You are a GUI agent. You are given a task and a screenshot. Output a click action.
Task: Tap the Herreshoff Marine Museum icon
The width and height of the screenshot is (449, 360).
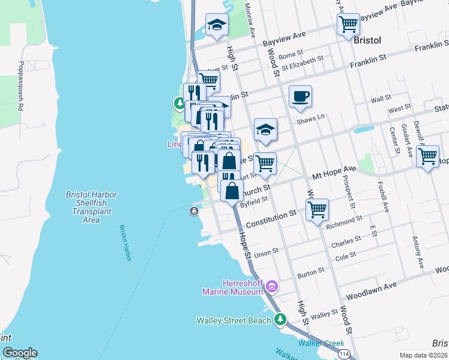tap(271, 287)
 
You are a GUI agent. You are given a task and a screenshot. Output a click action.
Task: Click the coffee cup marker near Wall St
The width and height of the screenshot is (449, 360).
tap(300, 96)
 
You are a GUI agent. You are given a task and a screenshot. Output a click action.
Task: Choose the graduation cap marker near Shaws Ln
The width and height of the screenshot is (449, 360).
tap(265, 129)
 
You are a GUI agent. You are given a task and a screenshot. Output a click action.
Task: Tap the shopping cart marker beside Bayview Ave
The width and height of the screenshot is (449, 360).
tap(348, 25)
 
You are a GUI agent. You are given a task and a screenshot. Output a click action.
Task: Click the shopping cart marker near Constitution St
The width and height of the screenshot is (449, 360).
tap(316, 209)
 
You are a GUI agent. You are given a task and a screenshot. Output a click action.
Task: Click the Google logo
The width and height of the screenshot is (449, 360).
tap(20, 353)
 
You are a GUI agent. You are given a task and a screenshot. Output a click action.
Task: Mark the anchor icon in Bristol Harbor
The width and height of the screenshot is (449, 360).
tap(194, 211)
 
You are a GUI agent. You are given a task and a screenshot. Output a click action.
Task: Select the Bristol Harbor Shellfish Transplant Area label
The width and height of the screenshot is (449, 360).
tap(91, 207)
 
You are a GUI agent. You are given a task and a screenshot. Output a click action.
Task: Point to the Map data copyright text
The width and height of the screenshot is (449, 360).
tap(424, 355)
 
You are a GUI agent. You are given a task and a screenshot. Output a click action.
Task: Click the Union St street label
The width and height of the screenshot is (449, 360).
tap(267, 253)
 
